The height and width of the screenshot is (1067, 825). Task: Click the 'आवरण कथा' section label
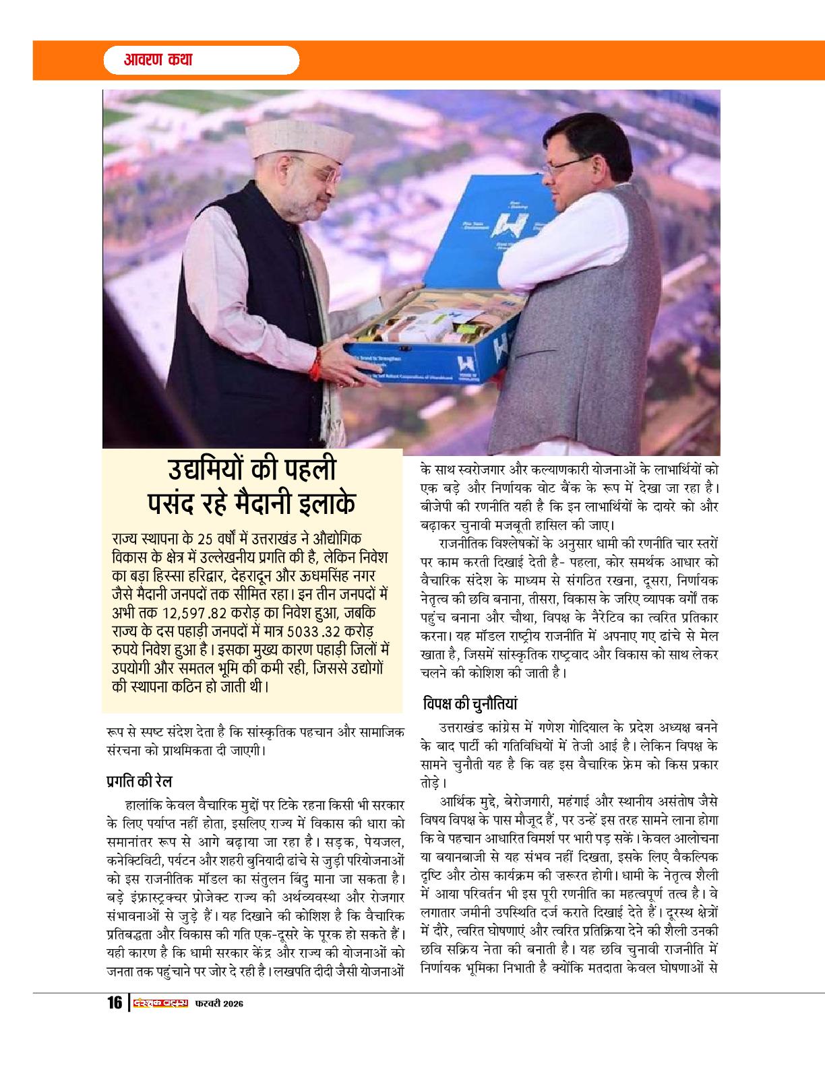point(158,60)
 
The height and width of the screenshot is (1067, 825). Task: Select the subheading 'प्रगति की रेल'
point(140,781)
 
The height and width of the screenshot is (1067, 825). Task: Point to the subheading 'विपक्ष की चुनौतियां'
point(470,703)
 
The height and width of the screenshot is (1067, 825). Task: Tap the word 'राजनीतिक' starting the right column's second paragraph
point(466,542)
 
